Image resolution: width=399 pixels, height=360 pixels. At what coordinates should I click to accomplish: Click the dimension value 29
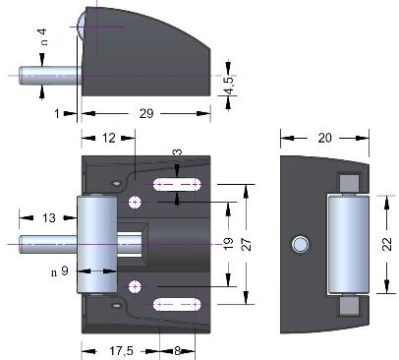146,114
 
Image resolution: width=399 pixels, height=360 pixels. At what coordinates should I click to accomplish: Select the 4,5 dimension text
230,84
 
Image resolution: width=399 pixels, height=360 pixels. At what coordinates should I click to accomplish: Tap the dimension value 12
109,138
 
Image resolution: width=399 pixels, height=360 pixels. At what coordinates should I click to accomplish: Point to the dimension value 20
324,138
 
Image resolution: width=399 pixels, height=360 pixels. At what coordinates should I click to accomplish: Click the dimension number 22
387,244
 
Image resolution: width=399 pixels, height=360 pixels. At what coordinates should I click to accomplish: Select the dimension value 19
228,244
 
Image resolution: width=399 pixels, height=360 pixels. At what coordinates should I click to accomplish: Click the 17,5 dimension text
121,351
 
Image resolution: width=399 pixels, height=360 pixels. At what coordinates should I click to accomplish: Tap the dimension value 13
49,218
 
